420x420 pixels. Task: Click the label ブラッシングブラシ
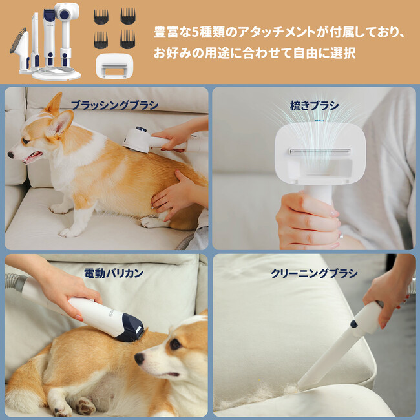coord(114,105)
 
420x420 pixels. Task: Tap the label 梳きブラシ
coord(314,105)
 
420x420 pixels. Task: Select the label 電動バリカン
coord(114,273)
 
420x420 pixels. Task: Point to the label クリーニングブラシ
coord(314,273)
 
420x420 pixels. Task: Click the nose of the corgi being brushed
coord(10,154)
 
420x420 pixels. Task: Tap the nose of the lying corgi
coord(140,359)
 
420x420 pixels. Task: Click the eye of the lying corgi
coord(176,344)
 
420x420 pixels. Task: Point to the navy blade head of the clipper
coord(131,328)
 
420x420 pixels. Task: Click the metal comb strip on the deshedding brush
coord(320,151)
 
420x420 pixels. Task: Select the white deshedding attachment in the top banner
coord(114,66)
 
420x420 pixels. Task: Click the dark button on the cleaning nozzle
coord(353,324)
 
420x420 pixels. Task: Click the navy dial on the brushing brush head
coord(141,130)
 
